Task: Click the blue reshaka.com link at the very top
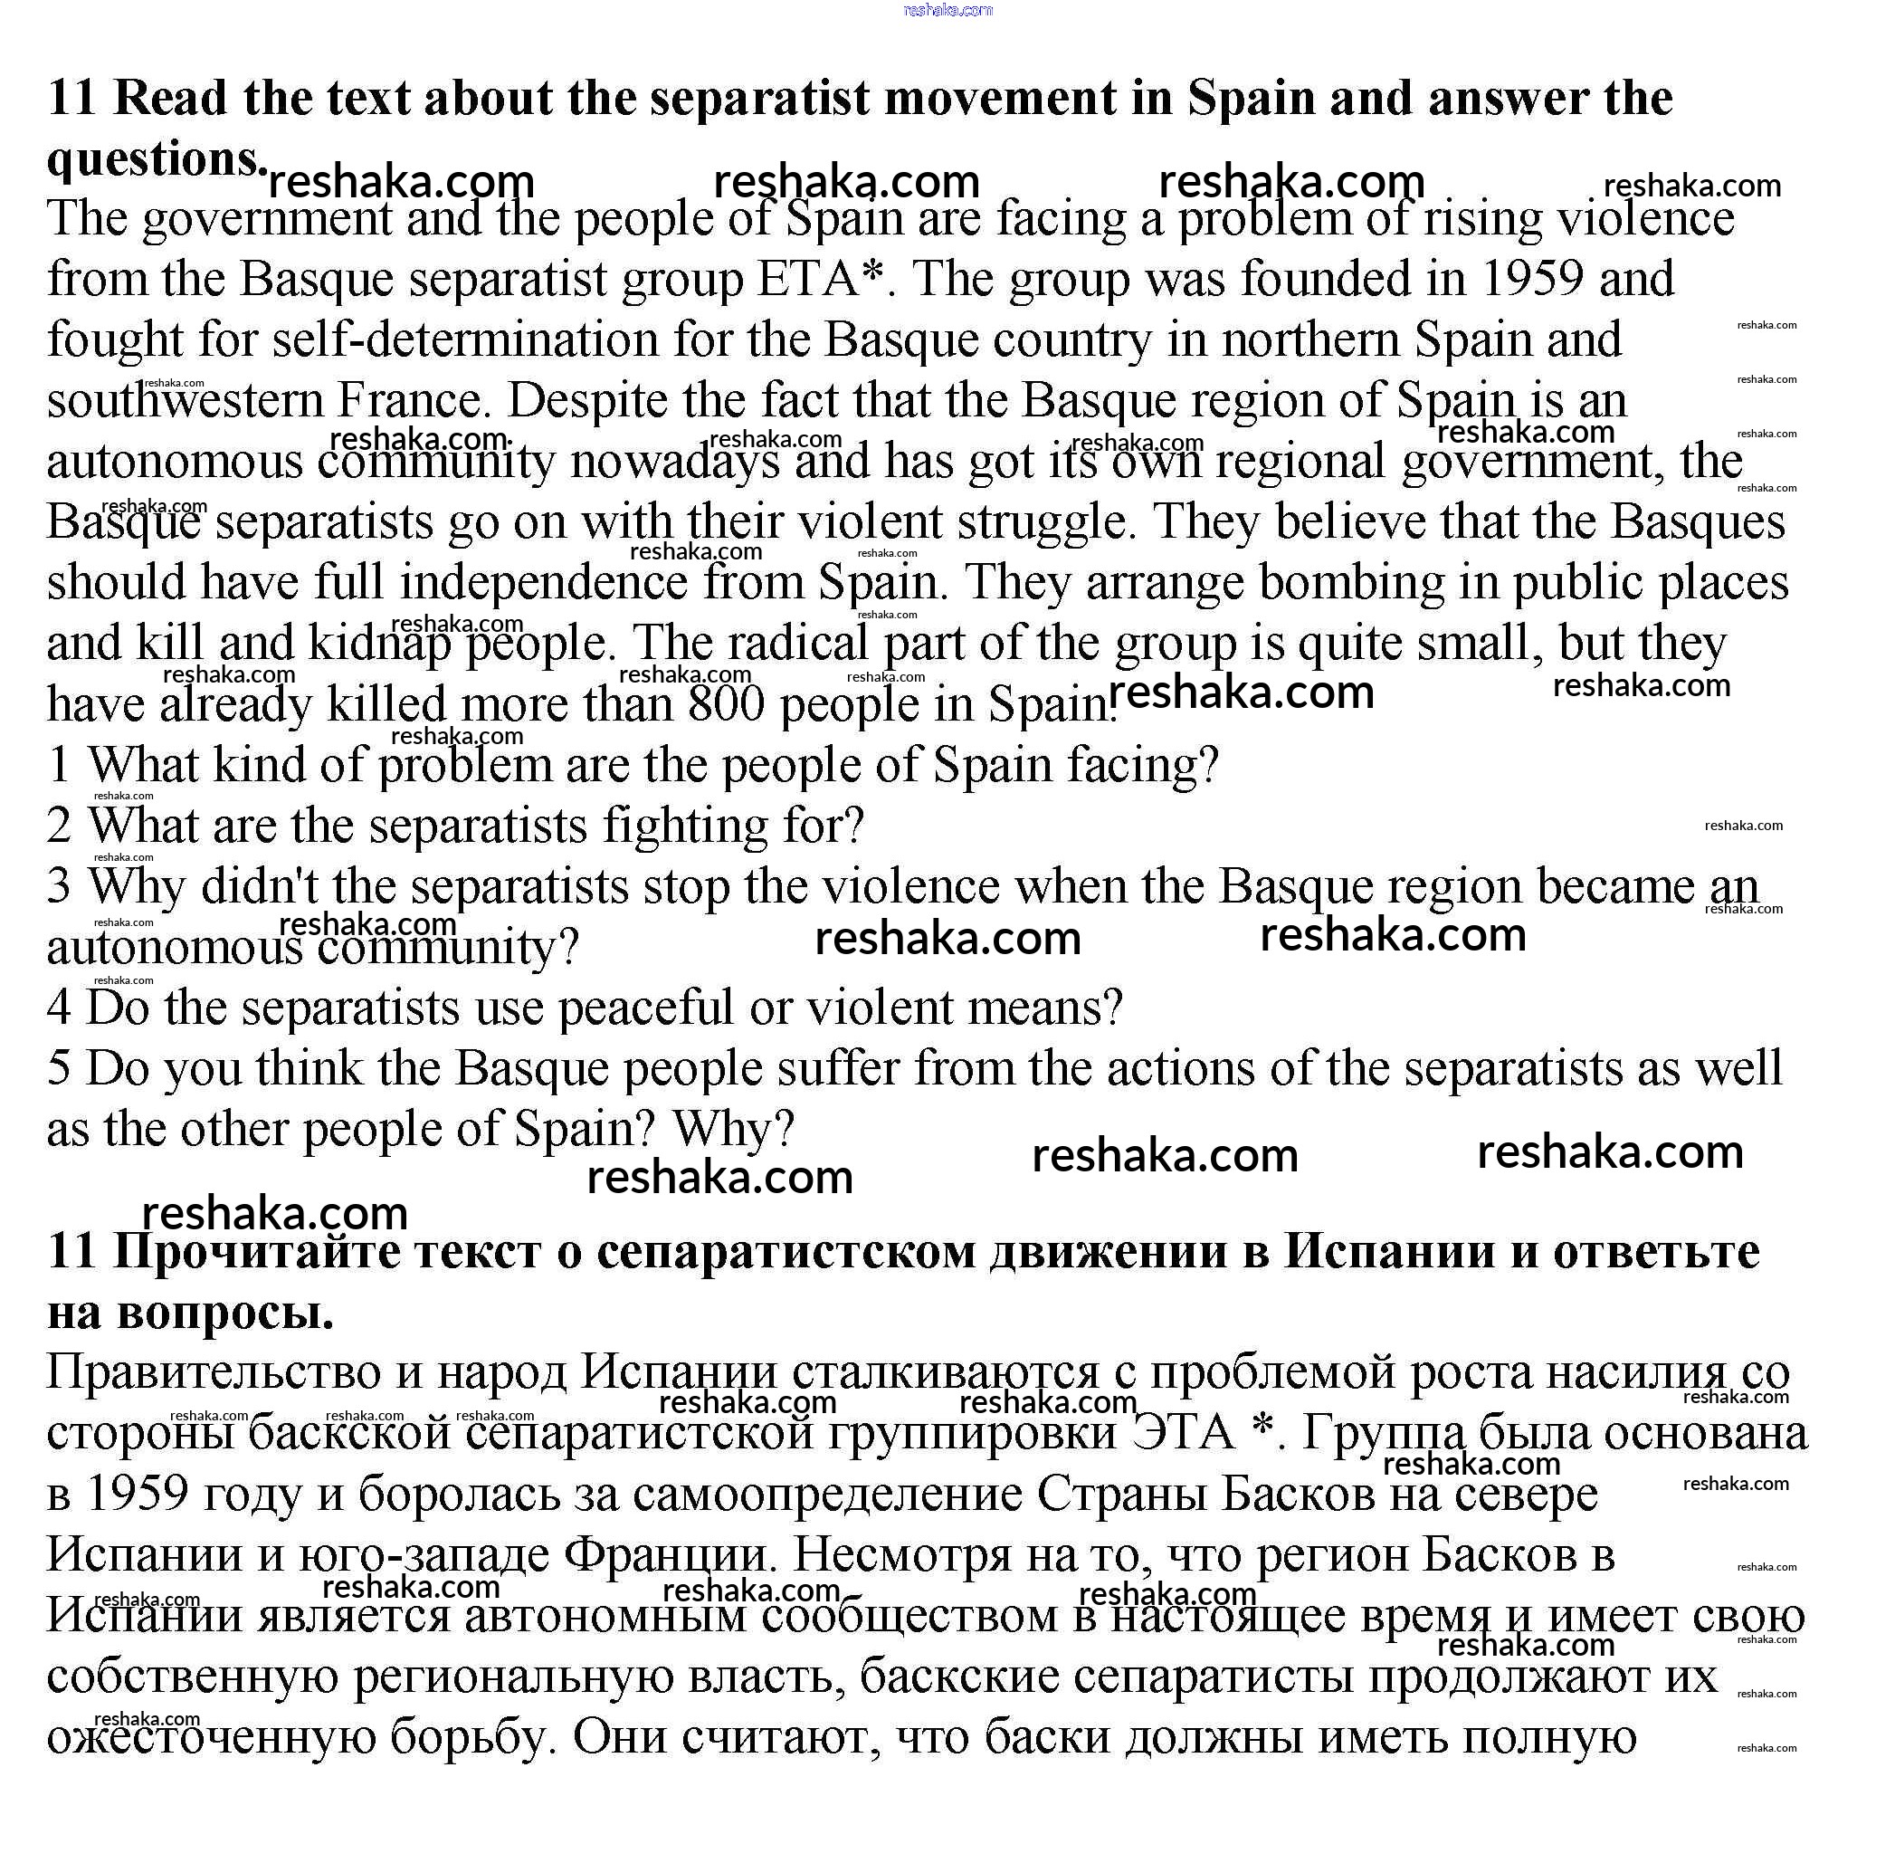[947, 10]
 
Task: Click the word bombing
[1351, 583]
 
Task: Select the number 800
[726, 704]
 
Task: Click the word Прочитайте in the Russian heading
[257, 1251]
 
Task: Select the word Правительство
[214, 1372]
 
